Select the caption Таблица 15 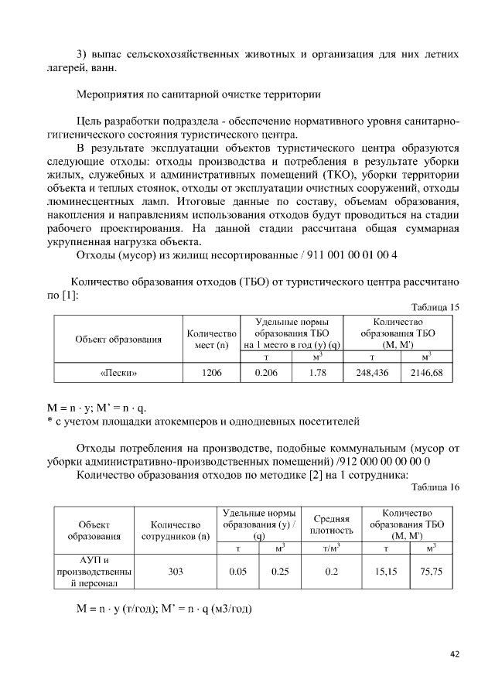click(x=436, y=307)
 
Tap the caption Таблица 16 click(x=436, y=487)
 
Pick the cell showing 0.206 click(x=266, y=373)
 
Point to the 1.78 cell click(x=316, y=373)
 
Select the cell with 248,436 click(x=372, y=373)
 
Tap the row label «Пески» click(x=119, y=373)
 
